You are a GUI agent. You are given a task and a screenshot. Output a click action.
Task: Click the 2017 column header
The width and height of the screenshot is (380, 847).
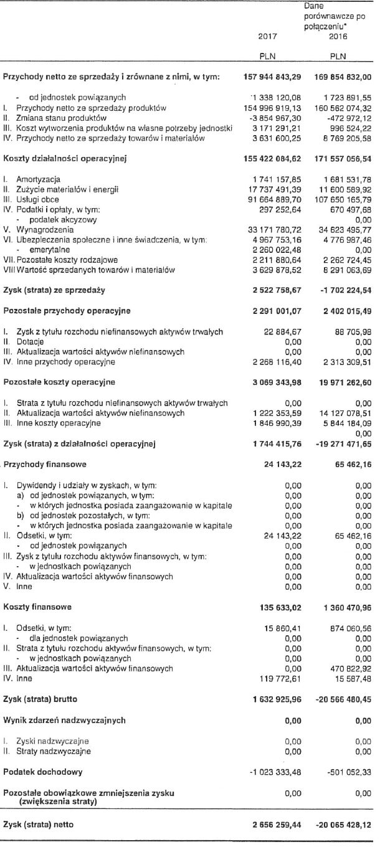pos(267,37)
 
